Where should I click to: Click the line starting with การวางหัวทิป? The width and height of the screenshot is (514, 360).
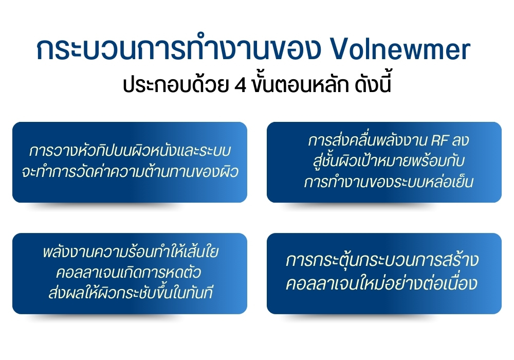point(130,152)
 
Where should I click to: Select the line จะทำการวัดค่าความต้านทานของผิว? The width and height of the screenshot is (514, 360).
point(130,172)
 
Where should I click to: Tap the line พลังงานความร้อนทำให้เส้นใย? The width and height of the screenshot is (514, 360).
point(131,253)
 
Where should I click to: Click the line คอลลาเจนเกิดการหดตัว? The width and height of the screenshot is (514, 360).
point(131,273)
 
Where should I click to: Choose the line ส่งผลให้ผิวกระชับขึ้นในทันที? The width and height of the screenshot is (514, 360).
point(131,293)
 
